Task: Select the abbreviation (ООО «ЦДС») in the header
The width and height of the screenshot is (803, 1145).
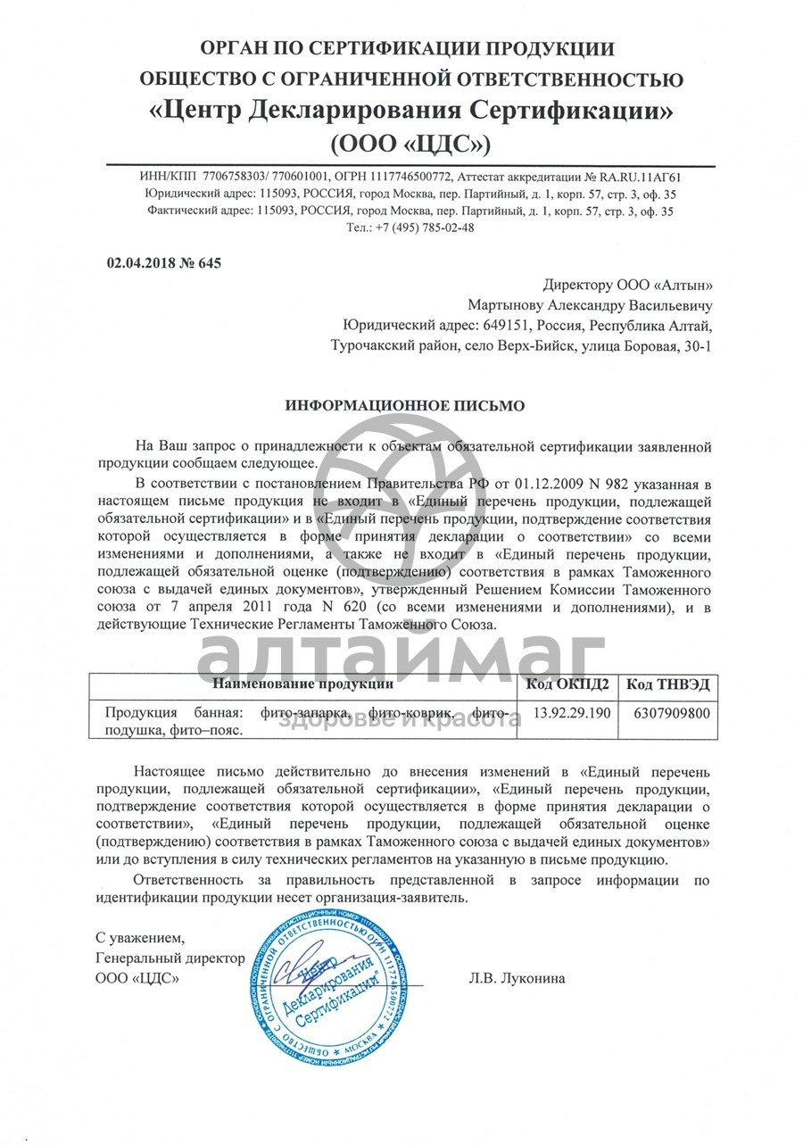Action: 410,143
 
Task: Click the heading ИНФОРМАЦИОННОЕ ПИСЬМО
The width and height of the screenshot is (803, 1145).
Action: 405,405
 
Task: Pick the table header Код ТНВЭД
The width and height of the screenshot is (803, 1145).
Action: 666,685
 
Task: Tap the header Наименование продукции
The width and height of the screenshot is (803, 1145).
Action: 303,685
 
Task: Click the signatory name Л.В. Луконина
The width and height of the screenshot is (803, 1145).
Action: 517,978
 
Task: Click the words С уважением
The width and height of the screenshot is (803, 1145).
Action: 141,938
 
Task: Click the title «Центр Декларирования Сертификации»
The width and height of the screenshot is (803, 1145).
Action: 411,112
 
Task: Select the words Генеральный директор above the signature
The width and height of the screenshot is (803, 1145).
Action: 170,958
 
